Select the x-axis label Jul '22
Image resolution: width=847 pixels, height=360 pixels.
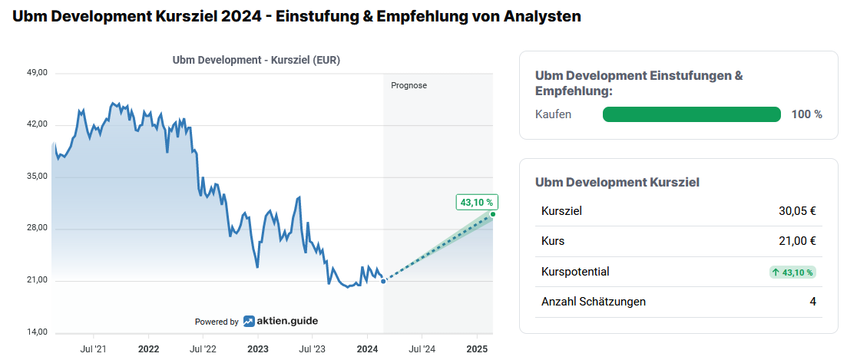[203, 348]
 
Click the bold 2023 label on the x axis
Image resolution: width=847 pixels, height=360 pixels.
[258, 348]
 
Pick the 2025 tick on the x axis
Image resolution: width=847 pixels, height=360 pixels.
[478, 348]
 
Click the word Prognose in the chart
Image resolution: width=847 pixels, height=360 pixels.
[409, 85]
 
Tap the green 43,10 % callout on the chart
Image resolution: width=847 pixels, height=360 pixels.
[477, 203]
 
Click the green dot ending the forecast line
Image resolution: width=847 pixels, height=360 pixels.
[493, 214]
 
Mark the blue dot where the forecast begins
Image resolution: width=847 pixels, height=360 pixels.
[383, 281]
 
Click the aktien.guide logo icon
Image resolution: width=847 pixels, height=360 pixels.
[250, 322]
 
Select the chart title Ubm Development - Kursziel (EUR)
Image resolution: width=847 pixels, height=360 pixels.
[256, 60]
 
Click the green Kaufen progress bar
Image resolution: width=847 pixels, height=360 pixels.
[691, 114]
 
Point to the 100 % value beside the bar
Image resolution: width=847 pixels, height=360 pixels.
[806, 114]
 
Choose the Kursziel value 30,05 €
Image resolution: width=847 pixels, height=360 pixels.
[797, 210]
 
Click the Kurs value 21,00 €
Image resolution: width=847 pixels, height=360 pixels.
[797, 241]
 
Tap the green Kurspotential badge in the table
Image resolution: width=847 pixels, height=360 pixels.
[792, 272]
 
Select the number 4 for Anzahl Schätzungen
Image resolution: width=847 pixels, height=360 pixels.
[812, 302]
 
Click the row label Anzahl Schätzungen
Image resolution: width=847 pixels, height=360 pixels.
[593, 302]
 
